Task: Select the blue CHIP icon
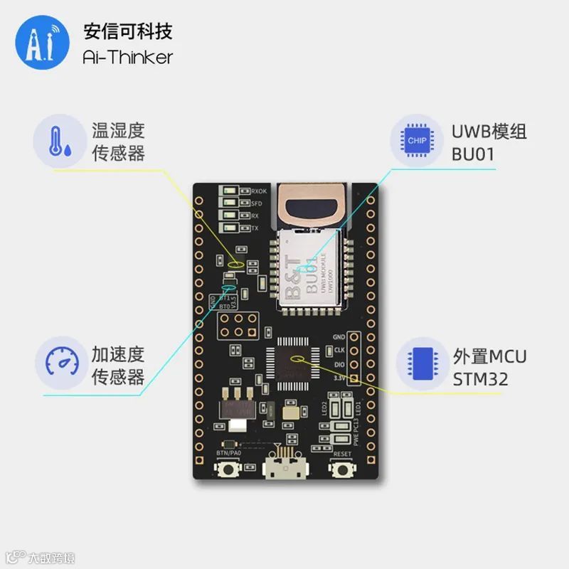pyautogui.click(x=417, y=140)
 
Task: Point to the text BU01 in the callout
pyautogui.click(x=473, y=154)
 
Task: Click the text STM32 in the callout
pyautogui.click(x=481, y=379)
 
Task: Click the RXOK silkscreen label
pyautogui.click(x=258, y=191)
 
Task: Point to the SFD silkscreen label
pyautogui.click(x=256, y=203)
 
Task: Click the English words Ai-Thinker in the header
pyautogui.click(x=128, y=56)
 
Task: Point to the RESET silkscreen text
pyautogui.click(x=341, y=452)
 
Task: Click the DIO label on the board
pyautogui.click(x=339, y=363)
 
